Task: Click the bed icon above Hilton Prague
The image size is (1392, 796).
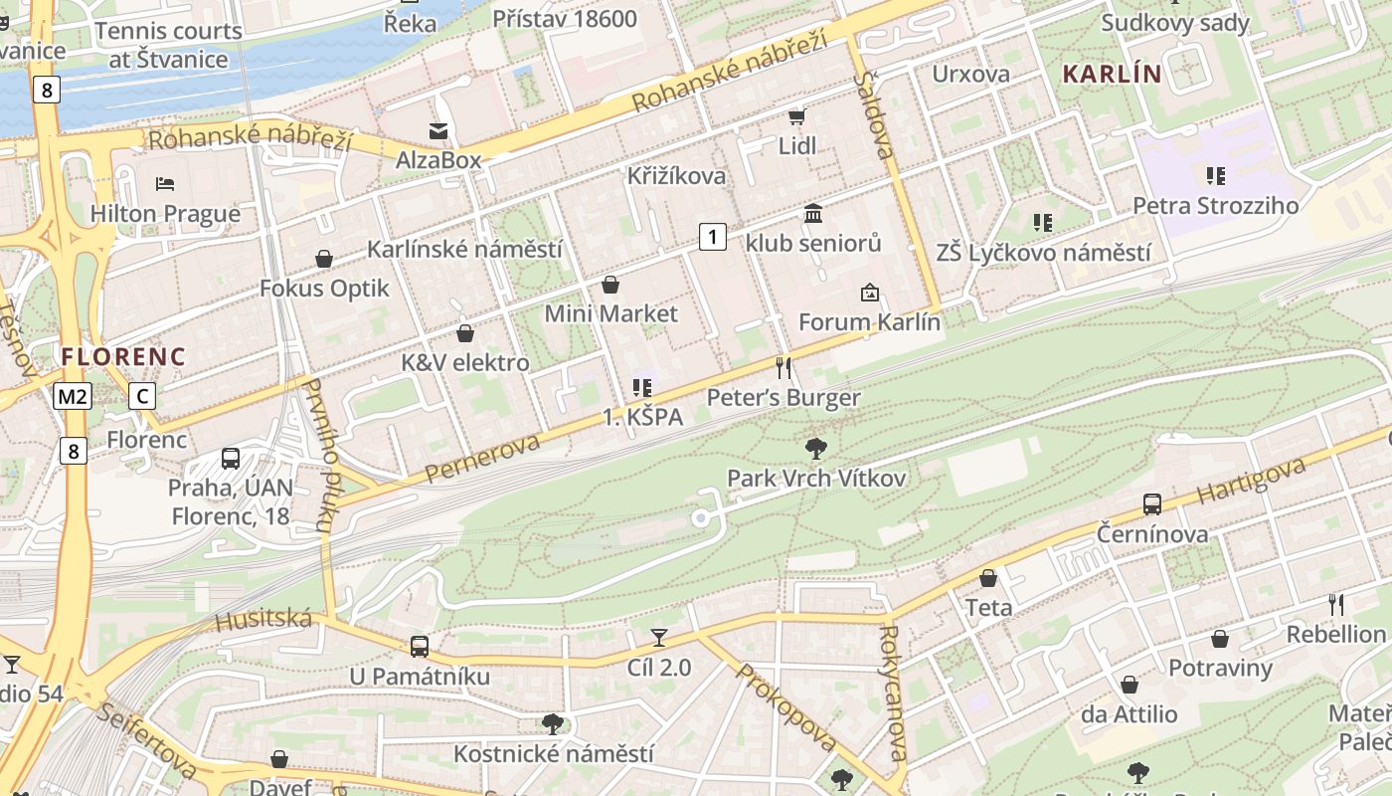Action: tap(165, 183)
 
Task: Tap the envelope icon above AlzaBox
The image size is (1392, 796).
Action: tap(437, 130)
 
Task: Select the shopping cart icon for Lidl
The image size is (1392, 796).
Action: tap(796, 117)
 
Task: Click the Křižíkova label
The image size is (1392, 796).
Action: tap(676, 176)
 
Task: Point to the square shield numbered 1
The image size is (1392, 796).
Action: tap(712, 237)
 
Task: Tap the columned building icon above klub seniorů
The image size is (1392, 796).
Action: tap(813, 213)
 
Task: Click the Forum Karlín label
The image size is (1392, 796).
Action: tap(869, 322)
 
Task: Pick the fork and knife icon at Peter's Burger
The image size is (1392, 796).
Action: tap(783, 368)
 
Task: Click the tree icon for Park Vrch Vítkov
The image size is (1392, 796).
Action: tap(816, 448)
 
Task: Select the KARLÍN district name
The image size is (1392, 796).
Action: tap(1112, 74)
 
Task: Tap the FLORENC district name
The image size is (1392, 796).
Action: tap(123, 356)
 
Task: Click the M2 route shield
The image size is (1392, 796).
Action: tap(73, 397)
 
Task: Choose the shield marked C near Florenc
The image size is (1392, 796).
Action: tap(142, 397)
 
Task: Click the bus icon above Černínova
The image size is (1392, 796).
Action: tap(1152, 503)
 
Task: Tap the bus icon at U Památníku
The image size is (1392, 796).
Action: tap(420, 646)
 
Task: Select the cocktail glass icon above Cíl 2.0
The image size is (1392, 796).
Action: tap(658, 637)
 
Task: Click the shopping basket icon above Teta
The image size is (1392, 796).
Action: tap(988, 578)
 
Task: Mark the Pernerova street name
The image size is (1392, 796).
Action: tap(482, 458)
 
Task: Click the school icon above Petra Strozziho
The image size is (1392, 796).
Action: tap(1215, 176)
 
